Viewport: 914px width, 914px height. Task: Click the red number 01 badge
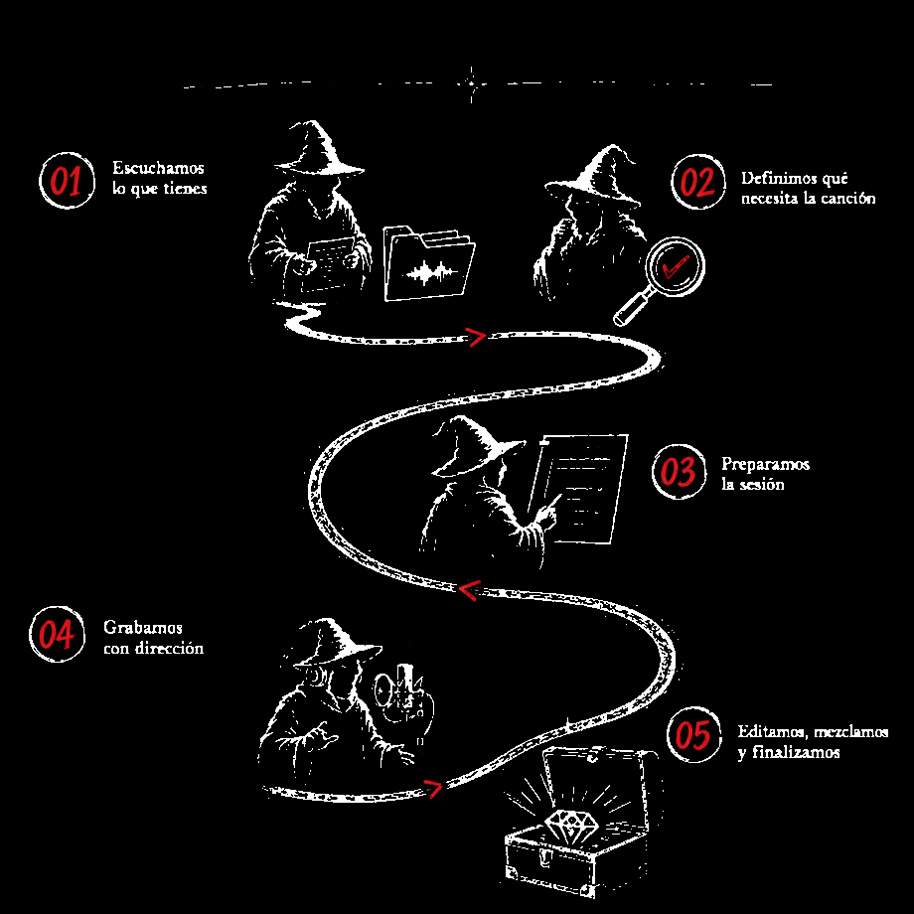[x=67, y=181]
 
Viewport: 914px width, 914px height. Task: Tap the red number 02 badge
[x=697, y=182]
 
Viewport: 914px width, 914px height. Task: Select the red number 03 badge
[x=679, y=471]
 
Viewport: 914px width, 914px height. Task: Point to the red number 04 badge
[x=58, y=634]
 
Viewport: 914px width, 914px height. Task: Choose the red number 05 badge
[x=693, y=734]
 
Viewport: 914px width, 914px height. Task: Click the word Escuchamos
[x=158, y=168]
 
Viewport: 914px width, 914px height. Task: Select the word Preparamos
[x=765, y=465]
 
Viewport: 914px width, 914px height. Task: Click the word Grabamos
[x=143, y=628]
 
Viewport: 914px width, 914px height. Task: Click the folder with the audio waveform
[x=429, y=264]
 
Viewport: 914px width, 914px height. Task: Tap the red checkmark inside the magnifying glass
[x=675, y=267]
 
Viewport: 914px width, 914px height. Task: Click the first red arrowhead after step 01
[x=476, y=337]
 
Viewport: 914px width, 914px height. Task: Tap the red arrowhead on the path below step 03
[x=469, y=589]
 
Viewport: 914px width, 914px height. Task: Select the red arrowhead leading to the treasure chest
[x=432, y=788]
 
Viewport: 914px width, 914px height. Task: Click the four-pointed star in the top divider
[x=472, y=83]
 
